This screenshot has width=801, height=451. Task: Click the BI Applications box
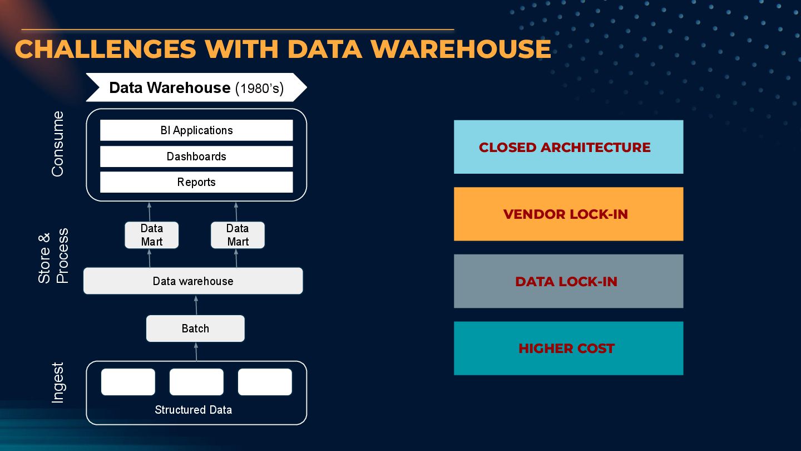[x=196, y=130]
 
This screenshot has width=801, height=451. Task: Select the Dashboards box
[x=196, y=156]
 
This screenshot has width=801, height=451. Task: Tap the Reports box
[x=196, y=182]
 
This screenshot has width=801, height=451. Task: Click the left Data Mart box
[x=151, y=235]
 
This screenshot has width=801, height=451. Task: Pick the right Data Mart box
[x=238, y=235]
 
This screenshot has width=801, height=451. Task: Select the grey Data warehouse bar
[x=193, y=281]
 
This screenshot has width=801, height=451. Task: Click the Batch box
[x=195, y=329]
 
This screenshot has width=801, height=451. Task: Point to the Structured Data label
[x=193, y=410]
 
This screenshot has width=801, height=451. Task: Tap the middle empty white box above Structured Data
[x=196, y=382]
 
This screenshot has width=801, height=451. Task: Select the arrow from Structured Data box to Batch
[x=196, y=351]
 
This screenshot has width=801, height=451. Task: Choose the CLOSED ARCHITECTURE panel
[x=568, y=147]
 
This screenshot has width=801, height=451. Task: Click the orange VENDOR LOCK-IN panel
[x=568, y=214]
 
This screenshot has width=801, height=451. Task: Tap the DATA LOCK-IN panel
[x=568, y=281]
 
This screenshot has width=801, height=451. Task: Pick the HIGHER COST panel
[x=568, y=349]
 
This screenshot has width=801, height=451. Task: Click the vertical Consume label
[x=58, y=144]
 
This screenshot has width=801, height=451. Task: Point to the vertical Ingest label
[x=58, y=383]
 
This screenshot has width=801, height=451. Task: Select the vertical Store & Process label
[x=53, y=256]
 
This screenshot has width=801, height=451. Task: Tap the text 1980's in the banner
[x=260, y=88]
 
